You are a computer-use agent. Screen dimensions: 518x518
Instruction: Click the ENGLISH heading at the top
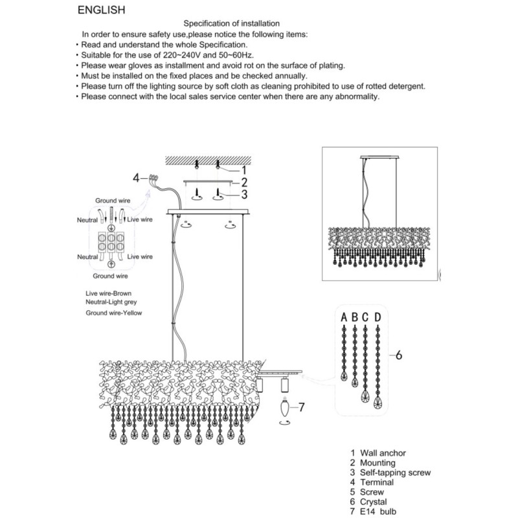(x=102, y=10)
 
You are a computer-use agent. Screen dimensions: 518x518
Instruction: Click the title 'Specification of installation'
(x=232, y=23)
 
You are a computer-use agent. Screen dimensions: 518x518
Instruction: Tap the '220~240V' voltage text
(x=181, y=55)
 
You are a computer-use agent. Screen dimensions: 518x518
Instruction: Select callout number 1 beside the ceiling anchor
(x=244, y=170)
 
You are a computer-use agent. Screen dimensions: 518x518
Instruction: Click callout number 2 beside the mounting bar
(x=245, y=183)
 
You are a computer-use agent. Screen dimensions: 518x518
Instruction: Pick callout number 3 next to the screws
(x=245, y=194)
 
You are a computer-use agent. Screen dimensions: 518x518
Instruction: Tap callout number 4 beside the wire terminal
(x=136, y=178)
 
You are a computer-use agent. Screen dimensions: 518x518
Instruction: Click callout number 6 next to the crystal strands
(x=399, y=355)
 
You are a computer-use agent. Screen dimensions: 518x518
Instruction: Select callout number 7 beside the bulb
(x=301, y=407)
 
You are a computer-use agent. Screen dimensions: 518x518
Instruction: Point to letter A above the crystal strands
(x=344, y=317)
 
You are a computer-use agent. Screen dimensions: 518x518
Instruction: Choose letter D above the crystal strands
(x=377, y=317)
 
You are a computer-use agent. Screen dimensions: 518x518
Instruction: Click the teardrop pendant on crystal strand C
(x=365, y=396)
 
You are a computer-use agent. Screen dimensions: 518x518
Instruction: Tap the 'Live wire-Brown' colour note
(x=108, y=293)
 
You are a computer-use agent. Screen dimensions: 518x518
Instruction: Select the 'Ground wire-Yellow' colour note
(x=114, y=313)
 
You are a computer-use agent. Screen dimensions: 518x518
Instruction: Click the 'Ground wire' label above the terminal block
(x=113, y=201)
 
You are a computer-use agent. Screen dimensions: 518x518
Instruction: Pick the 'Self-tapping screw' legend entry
(x=395, y=473)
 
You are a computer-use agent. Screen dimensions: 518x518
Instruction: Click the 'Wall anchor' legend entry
(x=383, y=453)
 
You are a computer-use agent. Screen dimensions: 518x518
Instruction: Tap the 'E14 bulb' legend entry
(x=378, y=512)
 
